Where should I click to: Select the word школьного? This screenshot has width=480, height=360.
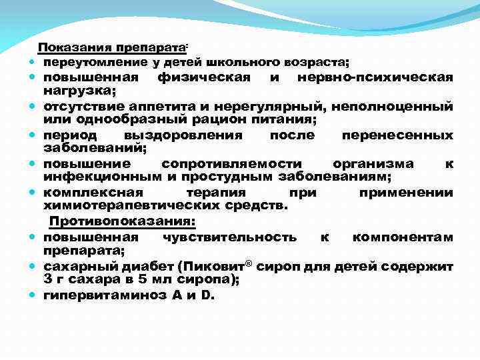(243, 63)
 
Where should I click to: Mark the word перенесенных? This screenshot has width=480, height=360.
(397, 135)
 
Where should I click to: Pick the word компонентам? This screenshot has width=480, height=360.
(403, 237)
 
